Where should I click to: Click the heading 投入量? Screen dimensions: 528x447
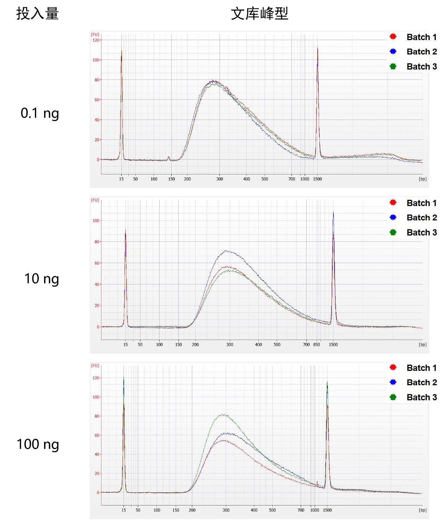point(37,14)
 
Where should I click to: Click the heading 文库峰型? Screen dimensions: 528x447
point(259,14)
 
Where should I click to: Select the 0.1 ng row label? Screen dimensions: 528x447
point(40,113)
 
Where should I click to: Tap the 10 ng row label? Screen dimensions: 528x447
point(42,279)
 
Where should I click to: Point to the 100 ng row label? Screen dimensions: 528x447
point(38,444)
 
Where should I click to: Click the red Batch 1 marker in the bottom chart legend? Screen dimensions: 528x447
point(393,367)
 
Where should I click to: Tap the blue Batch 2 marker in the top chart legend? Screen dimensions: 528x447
point(393,52)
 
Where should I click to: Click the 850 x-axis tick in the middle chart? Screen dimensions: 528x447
point(317,345)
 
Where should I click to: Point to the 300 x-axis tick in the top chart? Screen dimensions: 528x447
point(219,179)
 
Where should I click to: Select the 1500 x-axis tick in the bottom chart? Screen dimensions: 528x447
point(327,510)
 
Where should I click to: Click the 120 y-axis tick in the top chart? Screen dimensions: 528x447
point(96,40)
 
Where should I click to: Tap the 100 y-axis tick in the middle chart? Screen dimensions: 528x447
point(96,221)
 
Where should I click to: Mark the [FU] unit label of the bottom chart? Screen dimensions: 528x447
point(95,366)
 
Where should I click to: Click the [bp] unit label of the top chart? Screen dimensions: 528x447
point(422,179)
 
